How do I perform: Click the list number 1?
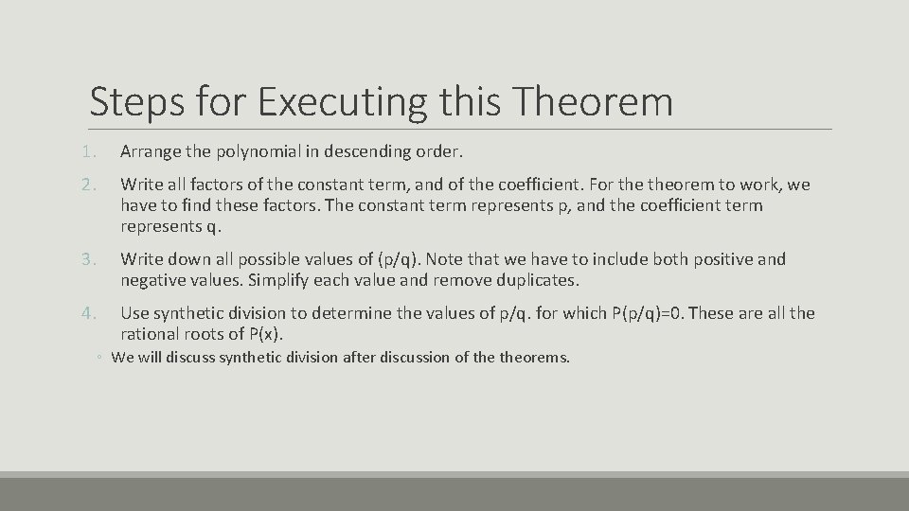85,151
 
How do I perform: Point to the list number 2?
85,185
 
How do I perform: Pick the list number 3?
85,259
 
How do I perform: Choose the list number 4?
85,313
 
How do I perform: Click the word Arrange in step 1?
151,151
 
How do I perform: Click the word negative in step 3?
151,281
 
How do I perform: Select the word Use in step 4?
134,313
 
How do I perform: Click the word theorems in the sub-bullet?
533,358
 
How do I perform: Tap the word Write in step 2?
141,185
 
